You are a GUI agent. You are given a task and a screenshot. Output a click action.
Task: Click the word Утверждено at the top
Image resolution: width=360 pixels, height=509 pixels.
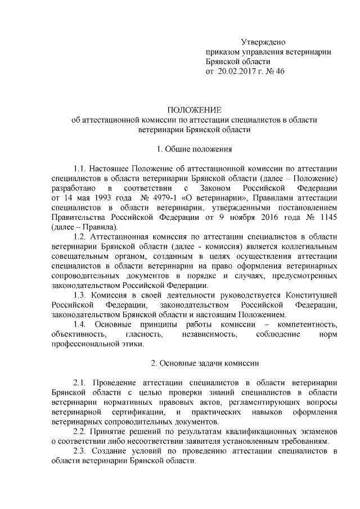pyautogui.click(x=263, y=42)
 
